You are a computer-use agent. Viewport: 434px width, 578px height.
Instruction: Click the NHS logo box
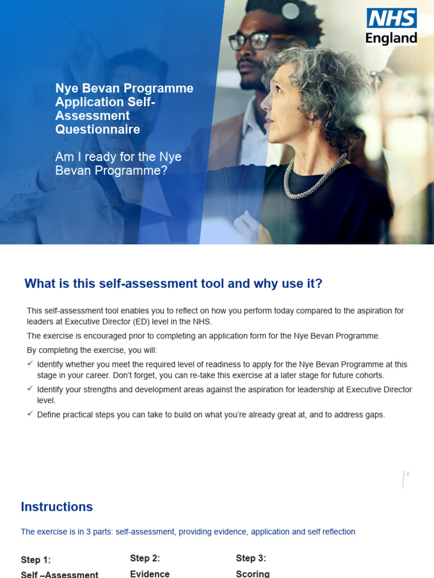pyautogui.click(x=392, y=18)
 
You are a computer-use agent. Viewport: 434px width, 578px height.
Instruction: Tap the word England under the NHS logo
pyautogui.click(x=392, y=38)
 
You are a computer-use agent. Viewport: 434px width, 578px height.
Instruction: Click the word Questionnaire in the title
pyautogui.click(x=98, y=129)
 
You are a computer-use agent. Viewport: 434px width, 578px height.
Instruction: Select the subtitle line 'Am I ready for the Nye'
pyautogui.click(x=118, y=157)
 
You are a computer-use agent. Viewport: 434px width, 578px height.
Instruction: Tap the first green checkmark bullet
pyautogui.click(x=31, y=364)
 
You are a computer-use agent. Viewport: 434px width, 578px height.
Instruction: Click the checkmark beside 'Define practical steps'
pyautogui.click(x=31, y=414)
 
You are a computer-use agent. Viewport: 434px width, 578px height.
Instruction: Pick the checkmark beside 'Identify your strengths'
pyautogui.click(x=31, y=389)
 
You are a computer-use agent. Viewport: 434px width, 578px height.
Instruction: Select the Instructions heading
pyautogui.click(x=57, y=506)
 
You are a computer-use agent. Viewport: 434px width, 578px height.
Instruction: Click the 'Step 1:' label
pyautogui.click(x=36, y=560)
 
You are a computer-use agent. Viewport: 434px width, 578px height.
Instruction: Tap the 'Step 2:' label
pyautogui.click(x=145, y=558)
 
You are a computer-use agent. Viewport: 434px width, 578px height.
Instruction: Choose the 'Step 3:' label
pyautogui.click(x=251, y=558)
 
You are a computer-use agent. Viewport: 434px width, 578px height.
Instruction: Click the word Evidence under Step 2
pyautogui.click(x=150, y=573)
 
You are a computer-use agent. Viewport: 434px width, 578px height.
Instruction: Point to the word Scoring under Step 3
pyautogui.click(x=253, y=573)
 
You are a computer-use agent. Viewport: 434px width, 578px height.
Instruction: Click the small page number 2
pyautogui.click(x=407, y=474)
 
